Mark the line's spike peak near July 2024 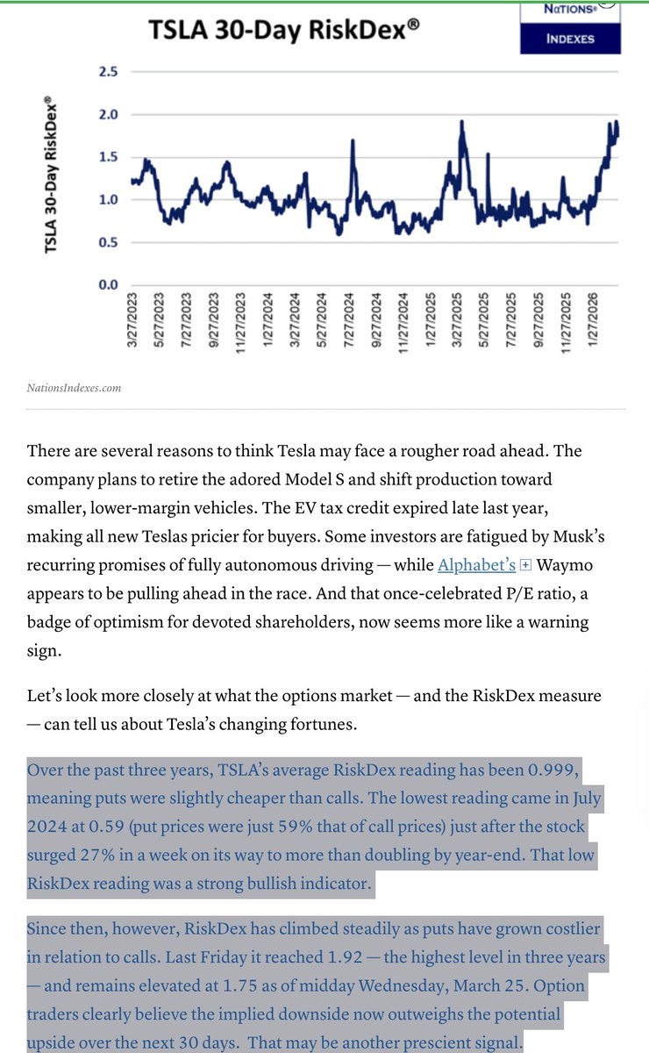tap(353, 140)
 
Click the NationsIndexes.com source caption tap(75, 387)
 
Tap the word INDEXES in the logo tap(570, 39)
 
